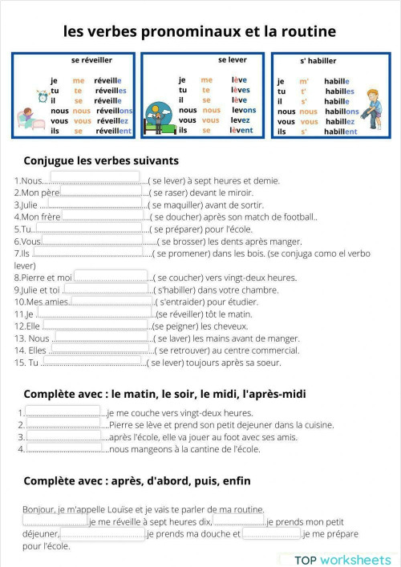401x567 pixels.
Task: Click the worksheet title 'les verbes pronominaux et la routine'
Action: click(x=200, y=31)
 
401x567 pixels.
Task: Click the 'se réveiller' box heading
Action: click(x=92, y=60)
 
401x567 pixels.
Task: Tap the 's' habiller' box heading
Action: click(x=318, y=61)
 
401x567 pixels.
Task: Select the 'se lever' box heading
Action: click(x=232, y=60)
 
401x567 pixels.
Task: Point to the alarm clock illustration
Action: click(x=42, y=96)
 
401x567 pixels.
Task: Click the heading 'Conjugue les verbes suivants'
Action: click(x=101, y=160)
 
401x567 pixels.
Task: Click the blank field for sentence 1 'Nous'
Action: click(x=95, y=178)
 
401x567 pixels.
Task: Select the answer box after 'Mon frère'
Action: click(x=103, y=215)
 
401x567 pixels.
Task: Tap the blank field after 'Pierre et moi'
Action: click(x=112, y=276)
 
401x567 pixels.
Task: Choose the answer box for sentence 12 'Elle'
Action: click(x=95, y=325)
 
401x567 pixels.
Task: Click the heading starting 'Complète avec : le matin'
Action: click(x=164, y=395)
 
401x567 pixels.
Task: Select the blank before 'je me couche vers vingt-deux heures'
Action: click(x=64, y=411)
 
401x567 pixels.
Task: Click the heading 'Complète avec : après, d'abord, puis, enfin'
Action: click(x=137, y=481)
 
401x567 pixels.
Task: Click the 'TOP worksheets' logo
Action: click(x=342, y=559)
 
